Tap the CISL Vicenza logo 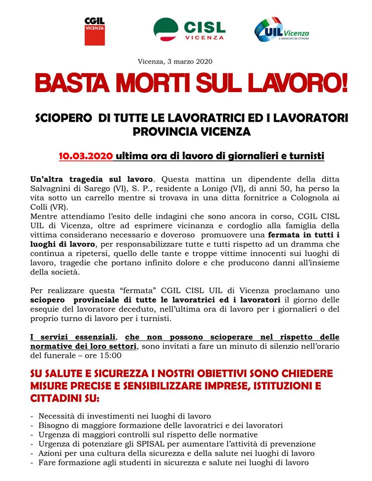189,29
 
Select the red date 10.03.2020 86,156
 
